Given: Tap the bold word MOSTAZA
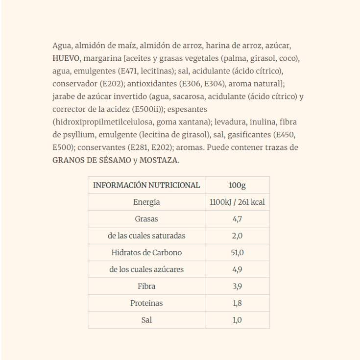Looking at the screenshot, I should [x=159, y=160].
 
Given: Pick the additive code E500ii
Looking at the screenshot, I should [x=148, y=109].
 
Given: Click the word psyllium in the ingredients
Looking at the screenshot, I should [x=77, y=135].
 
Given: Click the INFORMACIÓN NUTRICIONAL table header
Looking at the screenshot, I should [x=146, y=185].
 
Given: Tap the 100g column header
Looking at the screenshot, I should [x=237, y=185].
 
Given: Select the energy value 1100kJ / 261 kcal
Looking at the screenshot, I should [x=237, y=202].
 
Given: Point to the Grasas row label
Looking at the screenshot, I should [x=146, y=219].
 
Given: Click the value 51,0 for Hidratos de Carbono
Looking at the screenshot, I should [x=237, y=253].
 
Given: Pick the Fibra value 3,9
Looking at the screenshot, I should [x=237, y=286].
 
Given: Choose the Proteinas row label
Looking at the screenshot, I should [x=146, y=303].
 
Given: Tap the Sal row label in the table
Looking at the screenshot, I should [x=146, y=320].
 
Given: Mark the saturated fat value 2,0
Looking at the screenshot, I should [x=237, y=236].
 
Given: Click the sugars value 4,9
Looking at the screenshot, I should [x=237, y=269].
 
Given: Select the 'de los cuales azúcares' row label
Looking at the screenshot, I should [x=146, y=269].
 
